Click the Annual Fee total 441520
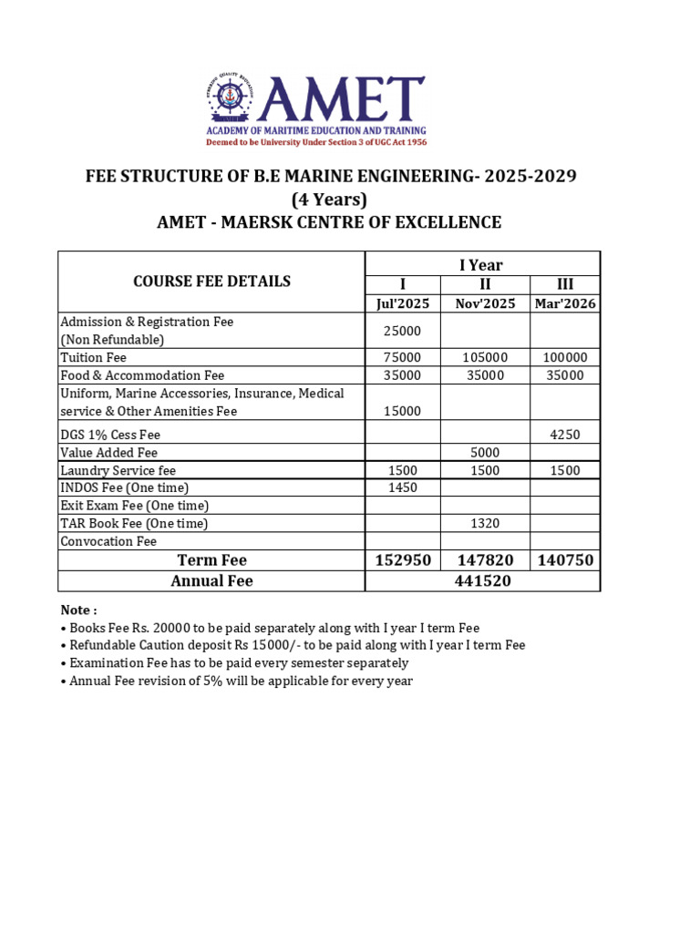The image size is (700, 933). [482, 580]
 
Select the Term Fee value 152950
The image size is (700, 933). [403, 559]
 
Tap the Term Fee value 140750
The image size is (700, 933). [564, 559]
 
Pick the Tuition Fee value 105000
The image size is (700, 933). [485, 357]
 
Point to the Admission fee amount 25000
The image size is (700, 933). [403, 331]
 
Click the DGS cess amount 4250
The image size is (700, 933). [565, 435]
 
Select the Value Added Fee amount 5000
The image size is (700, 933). [485, 452]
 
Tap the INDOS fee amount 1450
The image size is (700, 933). [402, 487]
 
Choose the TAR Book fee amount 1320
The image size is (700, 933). [485, 523]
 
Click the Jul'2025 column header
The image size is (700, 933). [403, 303]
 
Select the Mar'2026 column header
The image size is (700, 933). [565, 303]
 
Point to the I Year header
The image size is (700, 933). [481, 265]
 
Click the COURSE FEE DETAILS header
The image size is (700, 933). [212, 282]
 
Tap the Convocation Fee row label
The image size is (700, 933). [108, 541]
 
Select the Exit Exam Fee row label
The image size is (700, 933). [135, 506]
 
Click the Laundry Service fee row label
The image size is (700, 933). [118, 470]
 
